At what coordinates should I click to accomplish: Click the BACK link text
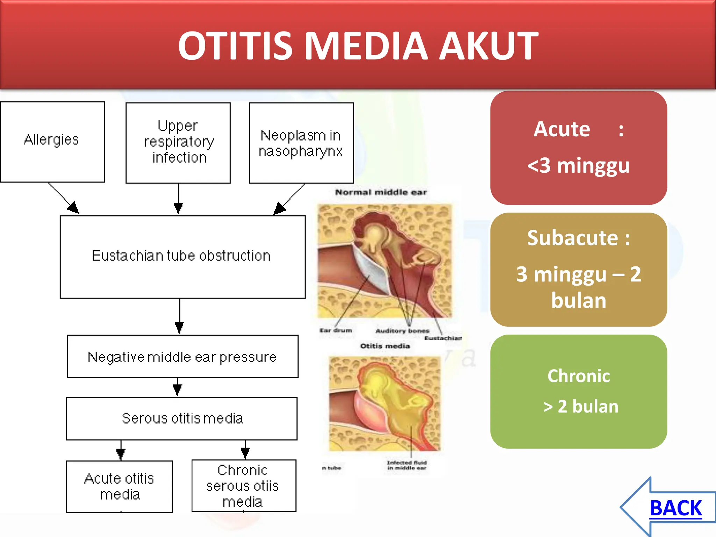tap(675, 508)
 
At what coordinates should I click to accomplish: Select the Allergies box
tap(52, 142)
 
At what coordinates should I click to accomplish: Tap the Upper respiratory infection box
tap(178, 143)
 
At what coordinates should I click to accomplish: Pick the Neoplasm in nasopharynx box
tap(301, 143)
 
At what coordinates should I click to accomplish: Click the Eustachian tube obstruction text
tap(181, 256)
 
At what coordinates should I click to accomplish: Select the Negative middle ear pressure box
tap(182, 357)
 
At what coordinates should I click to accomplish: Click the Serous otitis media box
tap(182, 418)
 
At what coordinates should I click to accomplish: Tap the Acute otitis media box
tap(119, 486)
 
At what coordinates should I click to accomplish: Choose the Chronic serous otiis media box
tap(244, 486)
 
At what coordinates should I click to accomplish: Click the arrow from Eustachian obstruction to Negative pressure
tap(179, 316)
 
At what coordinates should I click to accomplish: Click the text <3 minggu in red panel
tap(578, 165)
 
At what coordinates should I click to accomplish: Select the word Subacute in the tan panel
tap(572, 238)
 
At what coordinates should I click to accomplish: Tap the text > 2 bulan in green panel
tap(581, 407)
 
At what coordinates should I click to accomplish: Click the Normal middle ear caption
tap(381, 192)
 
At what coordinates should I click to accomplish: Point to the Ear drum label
tap(336, 330)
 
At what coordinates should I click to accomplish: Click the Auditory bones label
tap(402, 331)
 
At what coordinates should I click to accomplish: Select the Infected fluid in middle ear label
tap(407, 465)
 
